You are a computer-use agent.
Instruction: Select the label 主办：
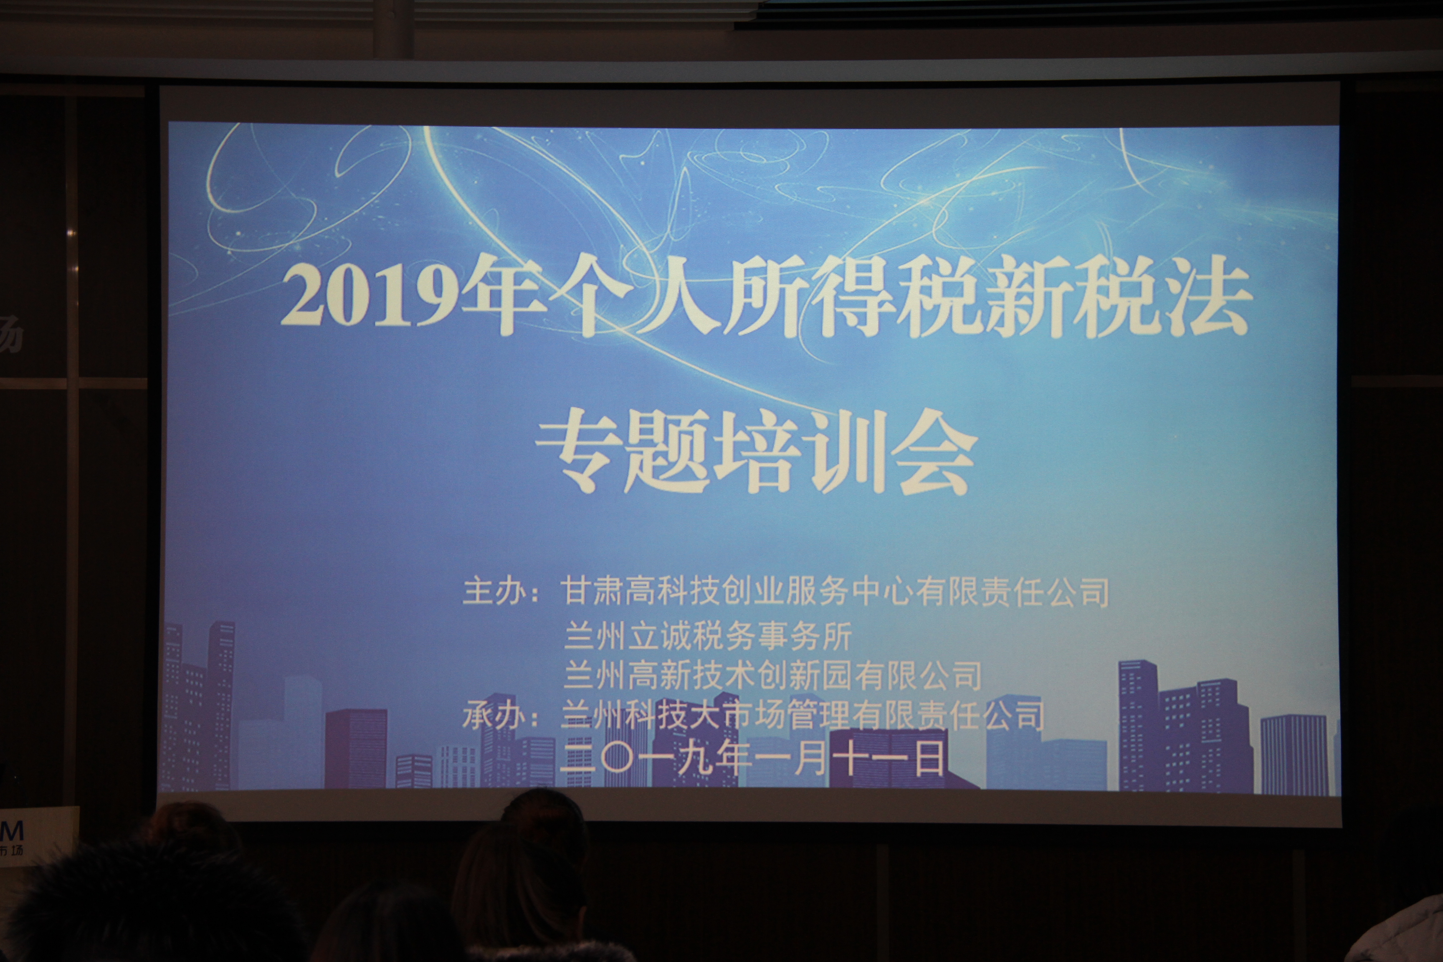coord(501,591)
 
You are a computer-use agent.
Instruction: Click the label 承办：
coord(501,715)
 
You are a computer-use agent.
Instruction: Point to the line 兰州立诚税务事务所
coord(707,635)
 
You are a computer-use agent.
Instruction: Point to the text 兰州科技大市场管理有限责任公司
coord(803,715)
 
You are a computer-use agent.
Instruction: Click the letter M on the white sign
coord(12,831)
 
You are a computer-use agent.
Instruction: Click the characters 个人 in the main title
coord(632,298)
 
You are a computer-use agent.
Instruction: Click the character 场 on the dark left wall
coord(11,334)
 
